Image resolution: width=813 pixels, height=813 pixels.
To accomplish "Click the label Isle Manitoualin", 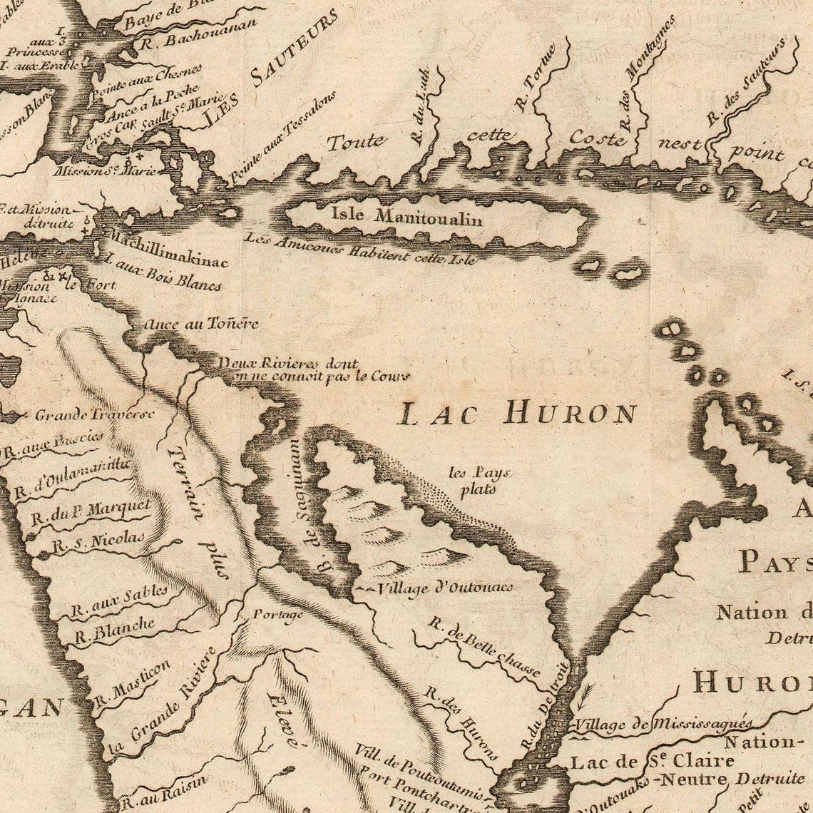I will pos(406,215).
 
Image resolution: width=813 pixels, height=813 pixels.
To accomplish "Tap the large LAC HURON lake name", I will pos(518,413).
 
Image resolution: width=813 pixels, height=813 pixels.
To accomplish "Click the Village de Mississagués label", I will pos(663,724).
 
